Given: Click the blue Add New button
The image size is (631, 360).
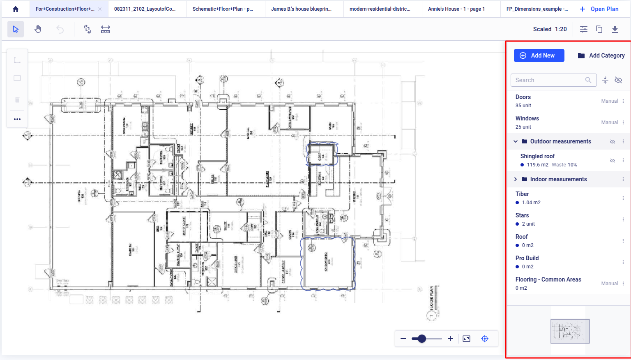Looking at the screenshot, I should (x=539, y=55).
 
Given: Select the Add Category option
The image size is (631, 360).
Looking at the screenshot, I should (x=601, y=55).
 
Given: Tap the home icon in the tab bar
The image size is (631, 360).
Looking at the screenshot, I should (x=16, y=9).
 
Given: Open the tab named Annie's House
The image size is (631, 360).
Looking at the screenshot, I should (x=456, y=9).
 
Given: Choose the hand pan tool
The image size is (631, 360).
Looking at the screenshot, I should (x=38, y=29).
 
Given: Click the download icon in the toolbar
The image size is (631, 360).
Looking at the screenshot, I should (x=615, y=29).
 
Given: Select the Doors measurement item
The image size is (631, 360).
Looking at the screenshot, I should (x=523, y=97).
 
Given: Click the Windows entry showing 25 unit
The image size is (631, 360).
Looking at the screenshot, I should (x=527, y=122).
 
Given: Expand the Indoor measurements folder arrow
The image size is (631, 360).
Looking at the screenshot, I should (x=516, y=179).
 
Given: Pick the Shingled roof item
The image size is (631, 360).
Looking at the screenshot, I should (x=537, y=156).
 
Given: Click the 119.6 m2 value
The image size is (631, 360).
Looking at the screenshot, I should (x=537, y=165).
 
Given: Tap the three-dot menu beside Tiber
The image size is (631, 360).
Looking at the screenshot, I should (x=623, y=198).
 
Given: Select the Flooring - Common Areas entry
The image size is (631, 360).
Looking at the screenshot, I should (x=548, y=279).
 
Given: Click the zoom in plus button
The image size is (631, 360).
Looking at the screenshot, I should (x=450, y=339).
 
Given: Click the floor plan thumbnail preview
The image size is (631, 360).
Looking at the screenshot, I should (x=570, y=331).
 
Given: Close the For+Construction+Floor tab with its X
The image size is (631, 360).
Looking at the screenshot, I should (x=100, y=9).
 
